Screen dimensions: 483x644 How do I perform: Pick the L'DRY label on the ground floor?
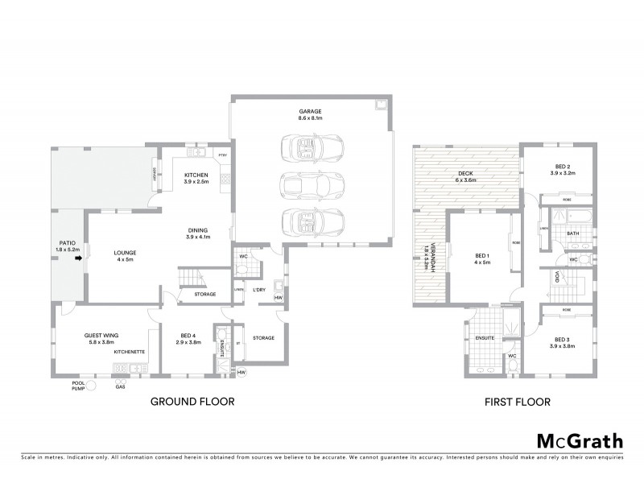click(259, 290)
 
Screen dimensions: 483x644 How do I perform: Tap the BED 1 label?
click(482, 258)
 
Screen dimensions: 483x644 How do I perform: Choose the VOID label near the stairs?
click(556, 278)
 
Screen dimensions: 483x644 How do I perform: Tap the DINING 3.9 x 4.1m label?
click(197, 233)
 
